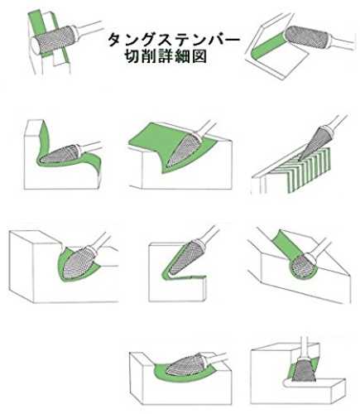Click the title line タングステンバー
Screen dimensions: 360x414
coord(173,41)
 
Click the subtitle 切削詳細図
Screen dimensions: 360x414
coord(166,56)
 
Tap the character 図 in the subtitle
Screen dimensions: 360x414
coord(199,56)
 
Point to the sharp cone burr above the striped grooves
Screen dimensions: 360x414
coord(313,143)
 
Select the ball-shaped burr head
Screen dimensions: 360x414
coord(304,266)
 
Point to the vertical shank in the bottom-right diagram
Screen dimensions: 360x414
coord(305,347)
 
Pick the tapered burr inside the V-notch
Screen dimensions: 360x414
coord(184,258)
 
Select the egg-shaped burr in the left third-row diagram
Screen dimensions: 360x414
coord(78,262)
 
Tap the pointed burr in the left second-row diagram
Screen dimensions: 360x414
coord(60,155)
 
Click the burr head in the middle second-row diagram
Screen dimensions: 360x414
coord(183,150)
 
